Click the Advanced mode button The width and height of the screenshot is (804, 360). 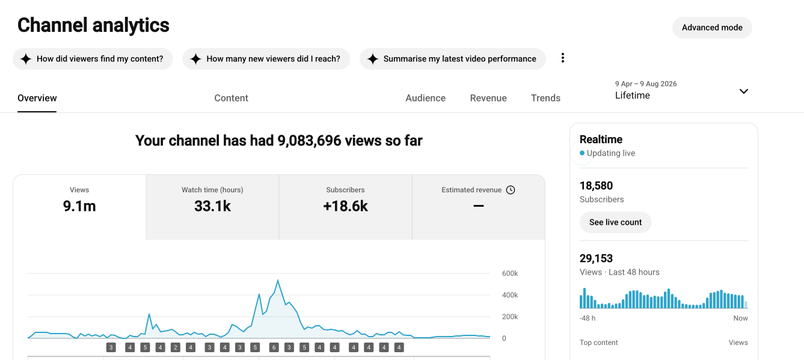click(712, 28)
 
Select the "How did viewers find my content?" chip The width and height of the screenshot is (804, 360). click(93, 59)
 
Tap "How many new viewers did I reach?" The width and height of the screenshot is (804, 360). click(266, 59)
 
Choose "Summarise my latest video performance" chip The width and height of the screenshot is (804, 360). click(453, 59)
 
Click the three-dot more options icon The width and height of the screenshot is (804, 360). click(563, 58)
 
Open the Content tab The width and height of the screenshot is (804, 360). click(231, 98)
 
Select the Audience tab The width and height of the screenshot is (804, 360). click(425, 98)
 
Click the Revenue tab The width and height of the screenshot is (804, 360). click(488, 98)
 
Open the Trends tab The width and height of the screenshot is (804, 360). click(545, 98)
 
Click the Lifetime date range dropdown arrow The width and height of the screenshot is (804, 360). click(744, 91)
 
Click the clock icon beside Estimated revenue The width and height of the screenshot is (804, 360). click(511, 190)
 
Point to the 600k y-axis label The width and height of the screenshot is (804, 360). click(510, 273)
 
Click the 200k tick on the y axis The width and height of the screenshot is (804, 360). click(510, 317)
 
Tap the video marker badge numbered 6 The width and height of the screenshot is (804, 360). click(274, 347)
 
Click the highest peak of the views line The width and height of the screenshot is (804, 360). click(278, 281)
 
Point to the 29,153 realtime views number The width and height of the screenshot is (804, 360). click(596, 258)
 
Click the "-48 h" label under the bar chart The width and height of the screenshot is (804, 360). click(588, 318)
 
